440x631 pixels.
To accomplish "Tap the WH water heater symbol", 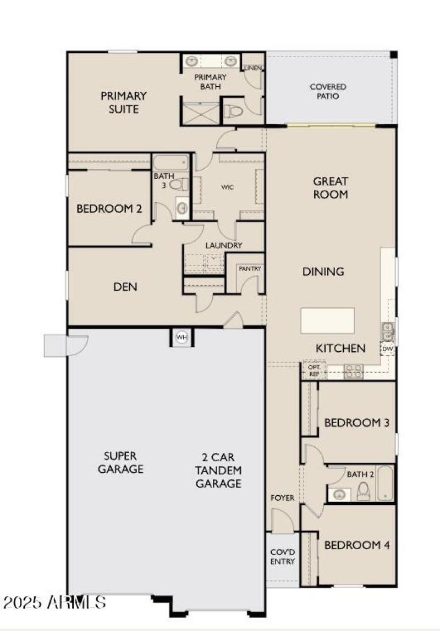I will (x=182, y=337).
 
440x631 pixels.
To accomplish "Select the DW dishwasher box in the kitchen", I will (x=387, y=348).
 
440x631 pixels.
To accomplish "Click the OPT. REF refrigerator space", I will (x=314, y=370).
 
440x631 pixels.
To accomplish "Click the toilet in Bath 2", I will (x=364, y=491).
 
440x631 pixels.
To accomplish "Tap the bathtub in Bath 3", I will (x=170, y=163).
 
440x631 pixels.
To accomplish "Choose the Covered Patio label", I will (x=328, y=91).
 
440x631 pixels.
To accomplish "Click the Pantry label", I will (x=250, y=269).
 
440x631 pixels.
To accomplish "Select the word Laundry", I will (x=224, y=246).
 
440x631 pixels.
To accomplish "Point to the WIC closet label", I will (x=228, y=187).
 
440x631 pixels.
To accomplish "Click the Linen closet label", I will (x=254, y=68).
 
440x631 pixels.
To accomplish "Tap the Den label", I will (x=125, y=287).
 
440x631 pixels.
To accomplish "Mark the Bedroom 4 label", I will (x=357, y=545).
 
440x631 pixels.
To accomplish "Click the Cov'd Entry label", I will (x=283, y=557).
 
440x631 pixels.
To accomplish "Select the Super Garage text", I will (x=124, y=462).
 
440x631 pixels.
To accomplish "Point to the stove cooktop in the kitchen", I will (x=353, y=372).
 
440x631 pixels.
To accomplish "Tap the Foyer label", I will (x=283, y=498).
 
